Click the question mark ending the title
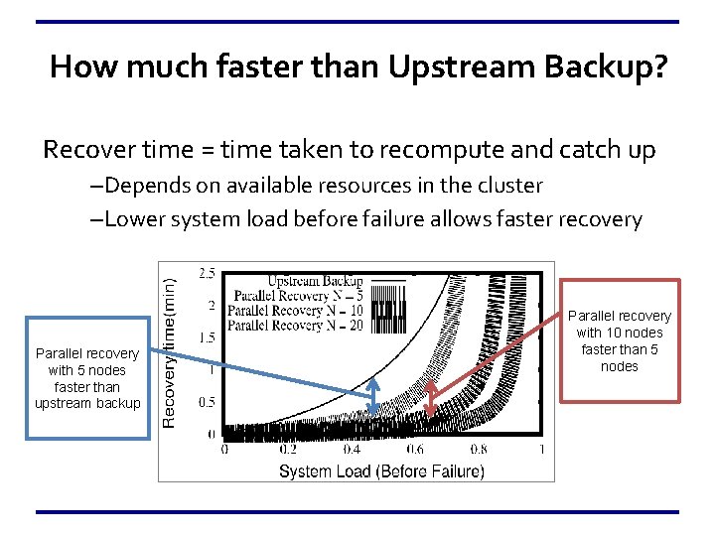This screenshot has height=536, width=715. [x=658, y=67]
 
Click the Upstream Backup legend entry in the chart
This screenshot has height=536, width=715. [x=315, y=281]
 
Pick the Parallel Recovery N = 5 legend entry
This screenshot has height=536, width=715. [x=295, y=296]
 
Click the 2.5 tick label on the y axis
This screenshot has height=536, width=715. [x=208, y=272]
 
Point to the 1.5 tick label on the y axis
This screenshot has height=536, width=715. [x=208, y=337]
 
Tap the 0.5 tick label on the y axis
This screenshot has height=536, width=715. [x=208, y=402]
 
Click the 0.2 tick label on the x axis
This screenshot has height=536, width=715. [x=287, y=450]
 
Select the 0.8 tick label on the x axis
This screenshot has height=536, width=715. [x=478, y=450]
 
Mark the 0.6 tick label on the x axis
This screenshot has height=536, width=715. [x=414, y=450]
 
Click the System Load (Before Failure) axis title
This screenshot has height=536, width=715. [x=381, y=470]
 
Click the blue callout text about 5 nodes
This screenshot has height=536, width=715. [x=87, y=377]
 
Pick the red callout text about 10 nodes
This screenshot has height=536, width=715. [x=620, y=340]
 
